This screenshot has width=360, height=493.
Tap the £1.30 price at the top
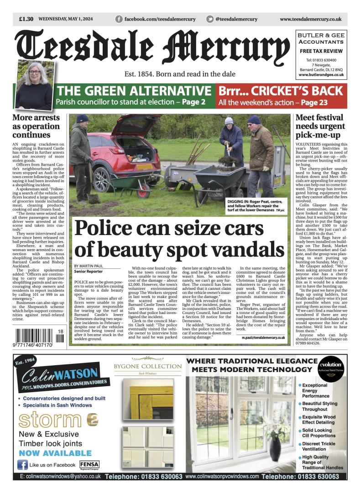pos(26,19)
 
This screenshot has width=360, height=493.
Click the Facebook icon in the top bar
pos(119,19)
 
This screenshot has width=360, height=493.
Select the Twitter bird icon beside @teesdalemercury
pos(210,19)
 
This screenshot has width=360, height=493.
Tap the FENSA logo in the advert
pos(88,464)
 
